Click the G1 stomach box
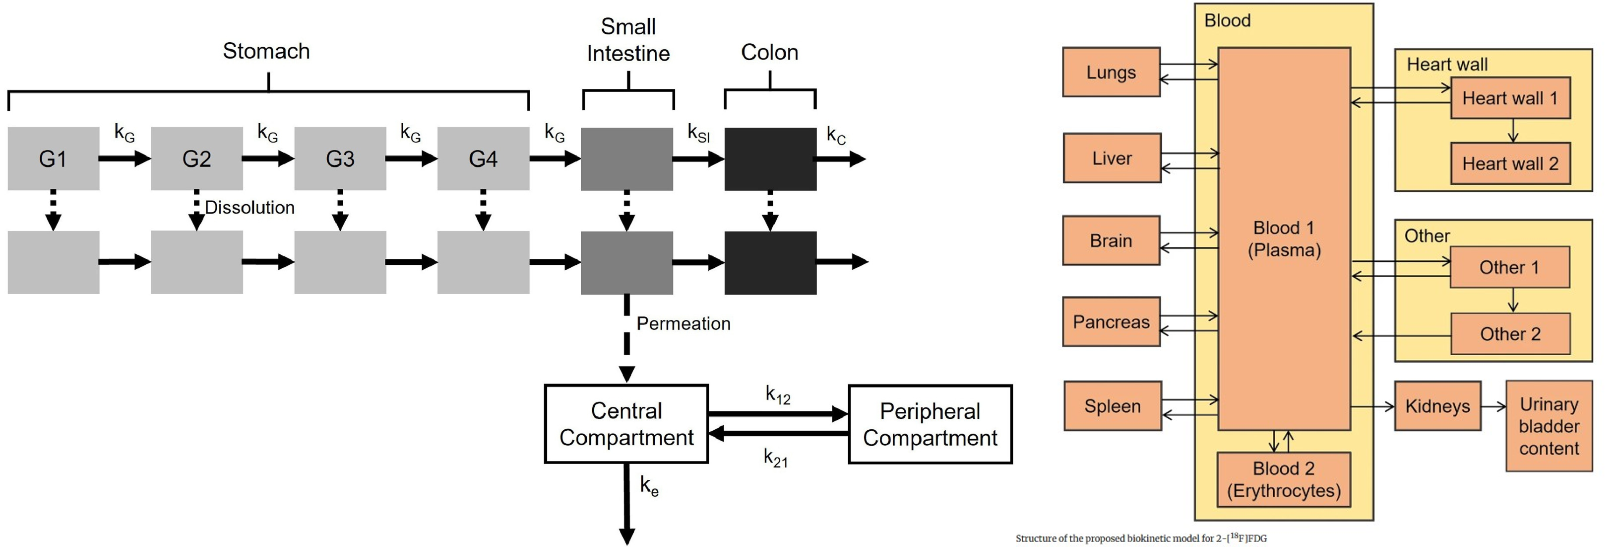pyautogui.click(x=54, y=158)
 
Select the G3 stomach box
pyautogui.click(x=340, y=158)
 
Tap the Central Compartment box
pyautogui.click(x=626, y=424)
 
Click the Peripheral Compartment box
pyautogui.click(x=930, y=424)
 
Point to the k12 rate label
pyautogui.click(x=778, y=395)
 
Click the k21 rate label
pyautogui.click(x=775, y=458)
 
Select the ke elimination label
pyautogui.click(x=649, y=485)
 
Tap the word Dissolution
pyautogui.click(x=249, y=207)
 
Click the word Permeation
pyautogui.click(x=683, y=323)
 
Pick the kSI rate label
pyautogui.click(x=698, y=133)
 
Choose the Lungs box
pyautogui.click(x=1111, y=72)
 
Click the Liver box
pyautogui.click(x=1112, y=157)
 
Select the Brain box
pyautogui.click(x=1111, y=240)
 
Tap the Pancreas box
pyautogui.click(x=1111, y=321)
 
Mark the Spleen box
pyautogui.click(x=1112, y=406)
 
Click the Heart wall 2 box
pyautogui.click(x=1510, y=164)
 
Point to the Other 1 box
pyautogui.click(x=1509, y=267)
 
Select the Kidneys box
pyautogui.click(x=1437, y=406)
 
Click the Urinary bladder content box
pyautogui.click(x=1549, y=426)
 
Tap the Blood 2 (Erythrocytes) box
pyautogui.click(x=1284, y=479)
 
